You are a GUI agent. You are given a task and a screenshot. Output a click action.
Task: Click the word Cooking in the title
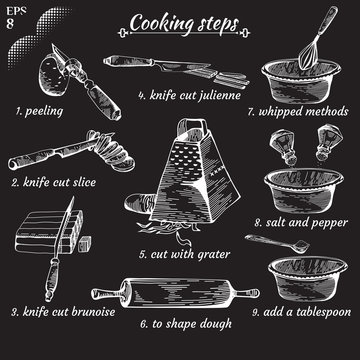(161, 24)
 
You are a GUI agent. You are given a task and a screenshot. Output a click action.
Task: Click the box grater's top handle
(191, 128)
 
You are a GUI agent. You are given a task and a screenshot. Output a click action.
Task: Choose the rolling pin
(175, 293)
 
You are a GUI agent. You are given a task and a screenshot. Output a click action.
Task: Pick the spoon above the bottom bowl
(277, 243)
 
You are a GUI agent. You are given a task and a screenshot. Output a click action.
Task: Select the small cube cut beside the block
(85, 244)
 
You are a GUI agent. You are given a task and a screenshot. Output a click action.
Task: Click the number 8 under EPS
(10, 24)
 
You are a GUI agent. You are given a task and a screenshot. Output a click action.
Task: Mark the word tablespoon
(324, 313)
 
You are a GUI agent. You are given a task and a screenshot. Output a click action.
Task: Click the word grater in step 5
(213, 255)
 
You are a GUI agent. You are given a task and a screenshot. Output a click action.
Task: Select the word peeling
(44, 112)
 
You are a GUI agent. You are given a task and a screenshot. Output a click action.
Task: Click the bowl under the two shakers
(304, 191)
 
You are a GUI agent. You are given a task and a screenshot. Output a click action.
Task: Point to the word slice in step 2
(83, 182)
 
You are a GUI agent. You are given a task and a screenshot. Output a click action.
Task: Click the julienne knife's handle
(128, 62)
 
